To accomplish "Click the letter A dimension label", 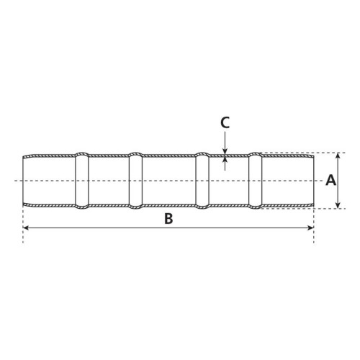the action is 330,180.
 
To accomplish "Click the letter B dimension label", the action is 168,219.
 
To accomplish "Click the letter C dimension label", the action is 225,122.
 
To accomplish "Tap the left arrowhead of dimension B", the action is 26,228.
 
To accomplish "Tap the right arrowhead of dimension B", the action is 311,228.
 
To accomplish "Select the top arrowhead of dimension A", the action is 338,156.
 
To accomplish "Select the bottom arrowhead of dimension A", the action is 338,205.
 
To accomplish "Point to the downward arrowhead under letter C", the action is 225,152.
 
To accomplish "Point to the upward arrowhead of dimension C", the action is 225,160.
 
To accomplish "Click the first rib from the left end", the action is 82,181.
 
